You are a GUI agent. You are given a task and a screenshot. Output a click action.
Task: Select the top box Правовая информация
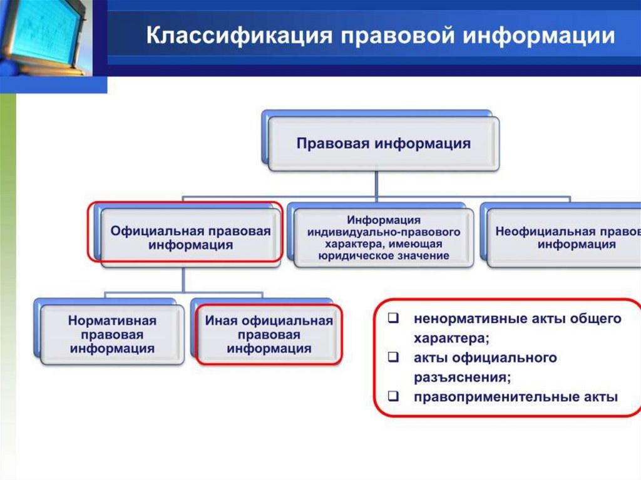(383, 143)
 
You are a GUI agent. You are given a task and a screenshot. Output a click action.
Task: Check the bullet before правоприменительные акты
(394, 397)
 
